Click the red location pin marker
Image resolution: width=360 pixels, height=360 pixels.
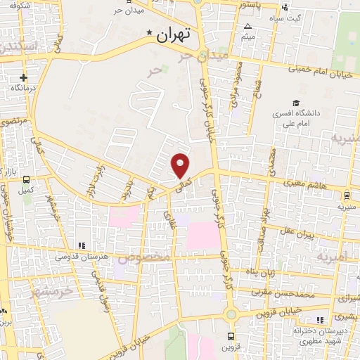click(x=181, y=166)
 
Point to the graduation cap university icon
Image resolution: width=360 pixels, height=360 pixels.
click(x=296, y=103)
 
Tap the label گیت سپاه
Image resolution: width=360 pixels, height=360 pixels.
click(x=290, y=18)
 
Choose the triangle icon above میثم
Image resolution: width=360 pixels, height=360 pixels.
click(x=247, y=26)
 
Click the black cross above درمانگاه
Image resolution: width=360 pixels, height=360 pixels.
click(x=23, y=77)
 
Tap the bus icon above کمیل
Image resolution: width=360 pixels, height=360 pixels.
click(x=27, y=179)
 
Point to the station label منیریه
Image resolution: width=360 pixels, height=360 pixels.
click(x=346, y=207)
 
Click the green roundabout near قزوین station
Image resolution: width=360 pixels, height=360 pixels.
click(x=231, y=314)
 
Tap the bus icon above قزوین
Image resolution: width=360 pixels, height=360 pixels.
click(x=232, y=337)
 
